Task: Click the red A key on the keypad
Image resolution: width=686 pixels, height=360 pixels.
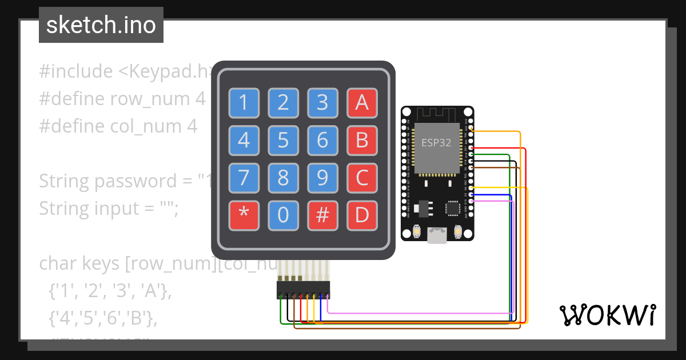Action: [x=362, y=103]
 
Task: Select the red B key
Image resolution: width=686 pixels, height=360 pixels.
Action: [x=362, y=140]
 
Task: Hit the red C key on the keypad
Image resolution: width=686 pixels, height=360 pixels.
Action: [x=362, y=178]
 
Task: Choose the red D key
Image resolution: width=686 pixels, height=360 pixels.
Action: [x=362, y=215]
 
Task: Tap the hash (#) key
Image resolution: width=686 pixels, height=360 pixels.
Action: [x=322, y=215]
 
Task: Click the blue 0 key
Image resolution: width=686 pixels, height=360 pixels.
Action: [x=283, y=215]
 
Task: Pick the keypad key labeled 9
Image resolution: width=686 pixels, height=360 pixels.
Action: [x=322, y=178]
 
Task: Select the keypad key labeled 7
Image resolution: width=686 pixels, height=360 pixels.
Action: [x=244, y=178]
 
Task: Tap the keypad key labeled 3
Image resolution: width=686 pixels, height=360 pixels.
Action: [x=322, y=103]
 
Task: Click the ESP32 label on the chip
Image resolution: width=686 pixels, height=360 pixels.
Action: [x=437, y=143]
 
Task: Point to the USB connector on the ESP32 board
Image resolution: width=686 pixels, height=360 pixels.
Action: [x=437, y=235]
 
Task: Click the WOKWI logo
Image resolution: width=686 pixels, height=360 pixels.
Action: [x=607, y=315]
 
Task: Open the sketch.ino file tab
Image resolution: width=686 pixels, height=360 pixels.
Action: [x=101, y=25]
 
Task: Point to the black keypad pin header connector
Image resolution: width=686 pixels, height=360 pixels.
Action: [x=304, y=289]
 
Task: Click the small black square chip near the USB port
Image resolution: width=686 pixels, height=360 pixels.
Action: [x=452, y=207]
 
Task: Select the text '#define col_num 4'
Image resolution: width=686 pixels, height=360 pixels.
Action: [x=118, y=126]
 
